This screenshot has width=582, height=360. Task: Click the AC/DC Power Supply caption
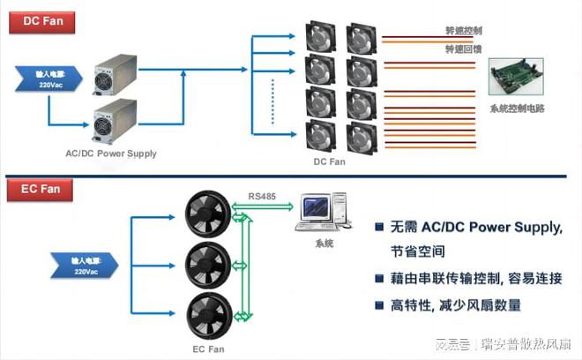point(111,154)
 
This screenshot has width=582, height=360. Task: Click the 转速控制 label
point(464,30)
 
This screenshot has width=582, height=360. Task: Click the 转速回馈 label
point(464,49)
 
